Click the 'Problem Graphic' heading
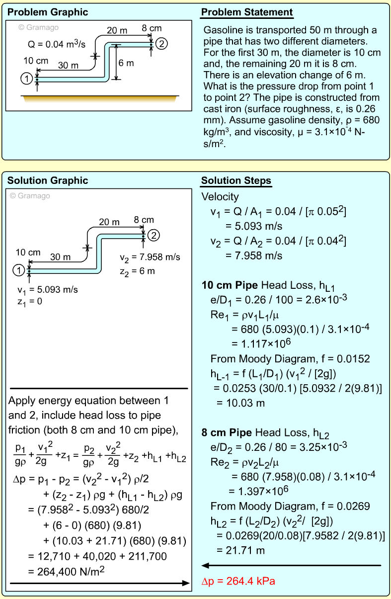coord(48,12)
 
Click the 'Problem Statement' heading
coord(247,12)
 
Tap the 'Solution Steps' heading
coord(236,180)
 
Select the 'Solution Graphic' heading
coord(48,180)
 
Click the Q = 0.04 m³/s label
coord(57,45)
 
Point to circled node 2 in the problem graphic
coord(161,44)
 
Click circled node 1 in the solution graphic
coord(18,270)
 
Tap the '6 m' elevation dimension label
coord(126,63)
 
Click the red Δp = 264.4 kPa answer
coord(238,581)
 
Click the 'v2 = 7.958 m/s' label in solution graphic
coord(150,257)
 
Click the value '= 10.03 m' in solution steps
coord(240,403)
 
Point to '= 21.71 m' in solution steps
coord(240,550)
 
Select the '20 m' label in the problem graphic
coord(117,31)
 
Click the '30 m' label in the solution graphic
coord(61,257)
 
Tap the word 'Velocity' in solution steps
coord(220,197)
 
